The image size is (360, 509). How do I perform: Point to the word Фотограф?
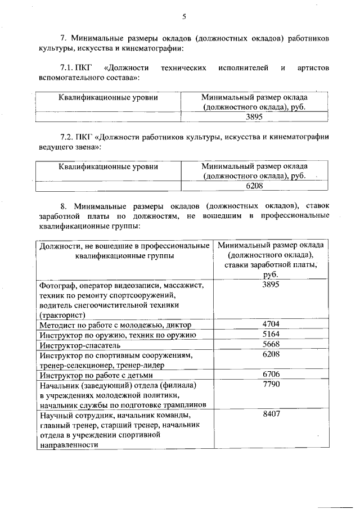pyautogui.click(x=57, y=285)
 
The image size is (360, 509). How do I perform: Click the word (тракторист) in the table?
pyautogui.click(x=61, y=315)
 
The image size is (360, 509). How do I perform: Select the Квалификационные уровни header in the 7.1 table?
pyautogui.click(x=108, y=97)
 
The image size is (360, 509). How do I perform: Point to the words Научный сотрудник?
pyautogui.click(x=75, y=415)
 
